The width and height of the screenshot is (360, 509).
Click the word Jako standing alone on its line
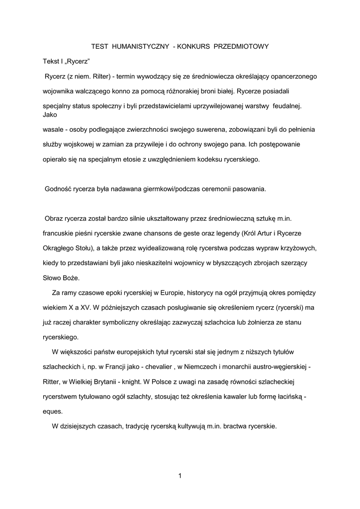tap(50, 114)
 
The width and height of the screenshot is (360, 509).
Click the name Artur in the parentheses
tap(270, 233)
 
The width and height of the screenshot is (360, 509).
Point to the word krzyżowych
tap(299, 248)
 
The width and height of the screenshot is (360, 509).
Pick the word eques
tap(53, 411)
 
